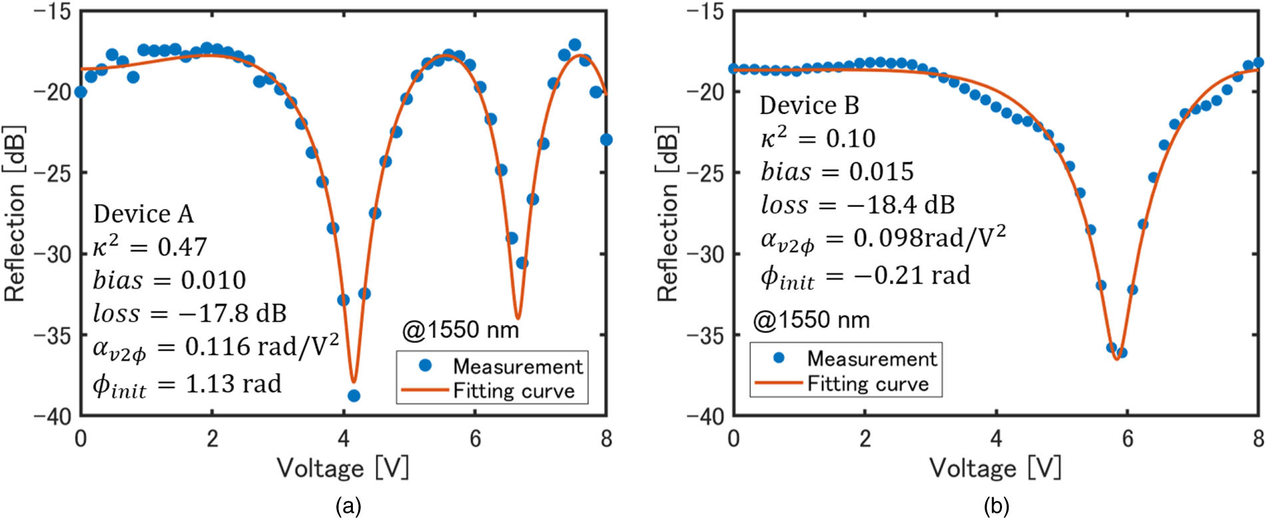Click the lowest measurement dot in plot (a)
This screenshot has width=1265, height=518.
click(x=354, y=395)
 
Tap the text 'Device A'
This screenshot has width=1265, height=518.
click(x=143, y=214)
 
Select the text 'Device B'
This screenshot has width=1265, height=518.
click(x=809, y=105)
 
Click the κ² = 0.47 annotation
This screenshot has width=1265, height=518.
click(x=150, y=246)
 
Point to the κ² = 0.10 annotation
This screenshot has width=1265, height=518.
click(x=818, y=138)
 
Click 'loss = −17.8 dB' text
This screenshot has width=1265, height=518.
click(x=190, y=313)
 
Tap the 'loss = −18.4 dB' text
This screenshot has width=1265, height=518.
click(x=858, y=204)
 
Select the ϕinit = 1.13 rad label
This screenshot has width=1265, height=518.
click(x=187, y=385)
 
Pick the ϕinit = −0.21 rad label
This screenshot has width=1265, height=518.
click(x=866, y=276)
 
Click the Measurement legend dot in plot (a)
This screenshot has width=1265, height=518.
click(x=425, y=366)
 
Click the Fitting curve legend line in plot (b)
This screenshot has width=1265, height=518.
click(x=778, y=383)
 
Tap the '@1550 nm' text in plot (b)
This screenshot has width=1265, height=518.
click(x=811, y=320)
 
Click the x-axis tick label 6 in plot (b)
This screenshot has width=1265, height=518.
click(x=1127, y=439)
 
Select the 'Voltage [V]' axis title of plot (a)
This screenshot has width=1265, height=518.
click(x=343, y=468)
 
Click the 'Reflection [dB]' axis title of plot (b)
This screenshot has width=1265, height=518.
click(x=667, y=213)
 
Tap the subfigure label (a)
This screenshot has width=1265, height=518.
click(x=348, y=506)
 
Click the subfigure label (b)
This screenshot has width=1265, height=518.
click(x=996, y=506)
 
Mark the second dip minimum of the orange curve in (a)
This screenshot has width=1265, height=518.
click(x=517, y=318)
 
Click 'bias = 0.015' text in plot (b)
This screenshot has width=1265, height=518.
click(x=837, y=171)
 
